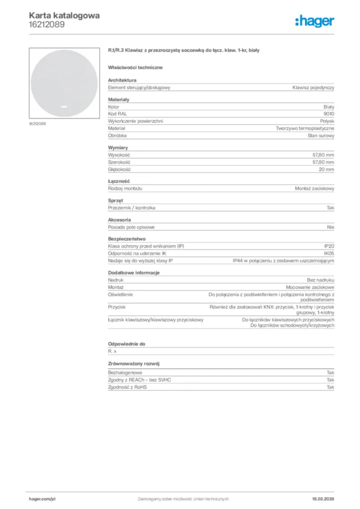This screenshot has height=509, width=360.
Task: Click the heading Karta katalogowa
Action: coord(64,15)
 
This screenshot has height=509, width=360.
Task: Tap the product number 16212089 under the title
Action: coord(46,24)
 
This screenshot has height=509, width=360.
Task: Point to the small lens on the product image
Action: coord(64,106)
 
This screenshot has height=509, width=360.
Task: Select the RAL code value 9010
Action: coord(329,114)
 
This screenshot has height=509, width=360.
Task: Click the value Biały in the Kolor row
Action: coord(329,107)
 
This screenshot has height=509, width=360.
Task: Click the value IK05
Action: coord(329,254)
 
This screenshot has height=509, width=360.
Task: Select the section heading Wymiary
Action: coord(118,148)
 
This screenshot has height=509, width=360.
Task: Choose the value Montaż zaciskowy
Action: coord(315,189)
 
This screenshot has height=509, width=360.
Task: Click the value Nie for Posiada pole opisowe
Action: coord(331,227)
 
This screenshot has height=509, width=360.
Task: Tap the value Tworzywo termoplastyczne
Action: coord(305,128)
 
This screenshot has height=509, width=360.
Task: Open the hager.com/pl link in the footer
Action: coord(42,499)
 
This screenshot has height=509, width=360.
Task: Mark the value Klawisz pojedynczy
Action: coord(313,87)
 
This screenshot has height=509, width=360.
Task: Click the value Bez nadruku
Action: coord(320,280)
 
